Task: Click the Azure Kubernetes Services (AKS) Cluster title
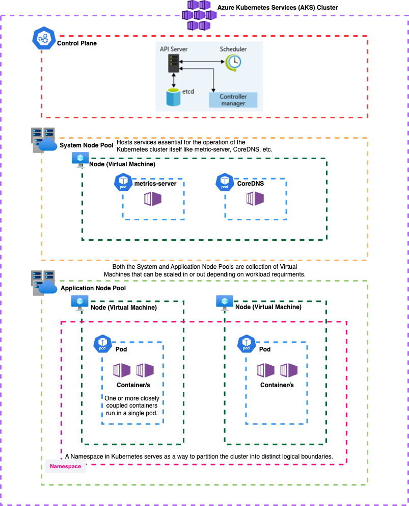tap(277, 8)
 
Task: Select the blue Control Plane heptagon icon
tap(43, 37)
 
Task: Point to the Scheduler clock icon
tap(234, 62)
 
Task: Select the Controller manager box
tap(233, 100)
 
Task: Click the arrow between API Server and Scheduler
tap(203, 62)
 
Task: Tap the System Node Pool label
tap(87, 145)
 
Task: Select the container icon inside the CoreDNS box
tap(255, 199)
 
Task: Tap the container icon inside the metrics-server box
tap(152, 199)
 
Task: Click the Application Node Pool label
tap(93, 288)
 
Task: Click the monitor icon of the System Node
tap(80, 160)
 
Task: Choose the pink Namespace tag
tap(65, 466)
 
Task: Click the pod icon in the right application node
tap(247, 344)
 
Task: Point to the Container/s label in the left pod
tap(133, 385)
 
